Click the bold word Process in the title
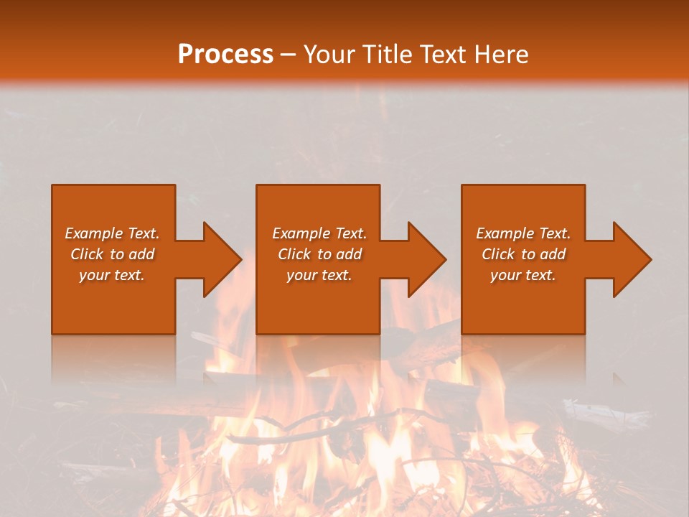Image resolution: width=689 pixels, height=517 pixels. pyautogui.click(x=225, y=55)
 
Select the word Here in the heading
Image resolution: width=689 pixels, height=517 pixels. pyautogui.click(x=502, y=55)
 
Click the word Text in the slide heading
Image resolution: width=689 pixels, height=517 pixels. pyautogui.click(x=445, y=55)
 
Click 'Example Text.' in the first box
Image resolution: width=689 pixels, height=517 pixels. pyautogui.click(x=112, y=233)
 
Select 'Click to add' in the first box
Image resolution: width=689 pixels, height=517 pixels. pyautogui.click(x=112, y=254)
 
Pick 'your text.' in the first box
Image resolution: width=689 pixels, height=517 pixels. pyautogui.click(x=112, y=275)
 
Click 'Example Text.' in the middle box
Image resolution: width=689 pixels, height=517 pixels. pyautogui.click(x=319, y=233)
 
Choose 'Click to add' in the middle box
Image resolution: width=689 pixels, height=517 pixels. pyautogui.click(x=319, y=254)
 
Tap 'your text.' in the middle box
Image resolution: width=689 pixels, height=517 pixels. pyautogui.click(x=319, y=275)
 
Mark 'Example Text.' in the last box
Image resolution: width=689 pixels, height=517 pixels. pyautogui.click(x=523, y=233)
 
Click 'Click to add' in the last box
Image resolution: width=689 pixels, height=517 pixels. pyautogui.click(x=523, y=254)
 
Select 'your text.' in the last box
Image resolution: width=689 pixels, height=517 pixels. pyautogui.click(x=523, y=275)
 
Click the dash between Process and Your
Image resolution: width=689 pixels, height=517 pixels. pyautogui.click(x=289, y=55)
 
